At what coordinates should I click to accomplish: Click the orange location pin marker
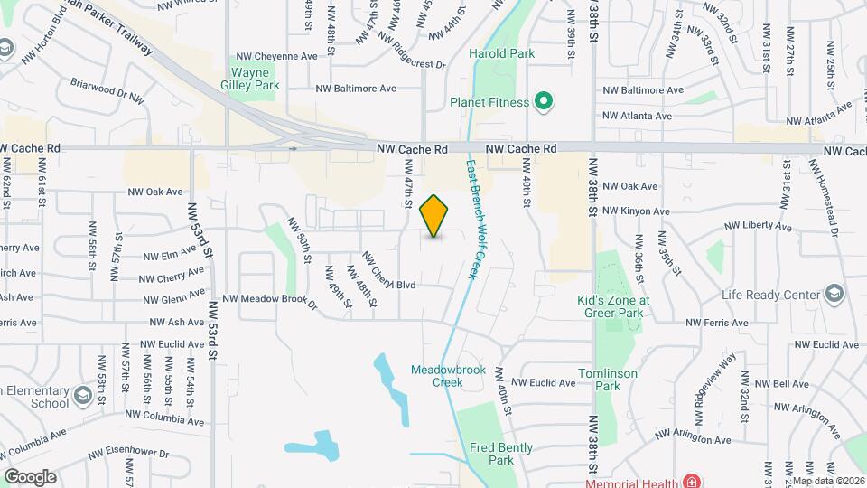point(434,216)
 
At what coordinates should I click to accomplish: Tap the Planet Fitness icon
point(544,102)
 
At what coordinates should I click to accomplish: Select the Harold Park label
point(501,53)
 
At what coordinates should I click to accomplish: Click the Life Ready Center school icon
point(834,295)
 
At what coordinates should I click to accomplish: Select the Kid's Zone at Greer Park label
point(613,306)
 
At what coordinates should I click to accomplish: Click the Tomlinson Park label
point(608,380)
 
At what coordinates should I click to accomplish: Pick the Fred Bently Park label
point(501,454)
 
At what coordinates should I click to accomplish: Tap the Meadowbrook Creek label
point(436,376)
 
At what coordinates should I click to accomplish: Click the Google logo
point(30,476)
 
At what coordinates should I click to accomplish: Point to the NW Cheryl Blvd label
point(388,272)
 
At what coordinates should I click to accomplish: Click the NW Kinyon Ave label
point(636,211)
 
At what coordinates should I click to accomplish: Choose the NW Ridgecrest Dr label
point(412,52)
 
